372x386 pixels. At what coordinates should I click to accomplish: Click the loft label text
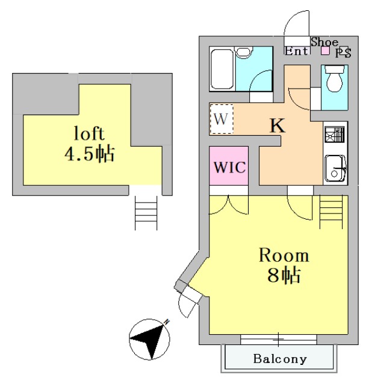pos(89,133)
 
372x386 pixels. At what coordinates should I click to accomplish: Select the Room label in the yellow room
pos(284,255)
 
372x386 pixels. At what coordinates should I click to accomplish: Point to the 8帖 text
pos(284,276)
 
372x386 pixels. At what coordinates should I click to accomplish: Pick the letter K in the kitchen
pos(277,125)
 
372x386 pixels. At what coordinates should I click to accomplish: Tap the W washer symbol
pos(221,119)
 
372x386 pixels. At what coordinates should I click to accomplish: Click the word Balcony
pos(279,359)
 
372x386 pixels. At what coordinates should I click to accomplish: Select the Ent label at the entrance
pos(297,51)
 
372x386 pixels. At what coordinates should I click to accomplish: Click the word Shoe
pos(324,42)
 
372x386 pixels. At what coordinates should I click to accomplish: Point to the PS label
pos(343,52)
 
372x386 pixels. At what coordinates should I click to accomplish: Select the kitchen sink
pos(335,168)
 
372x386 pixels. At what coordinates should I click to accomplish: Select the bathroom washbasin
pos(243,54)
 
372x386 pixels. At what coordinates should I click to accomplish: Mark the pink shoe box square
pos(325,51)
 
